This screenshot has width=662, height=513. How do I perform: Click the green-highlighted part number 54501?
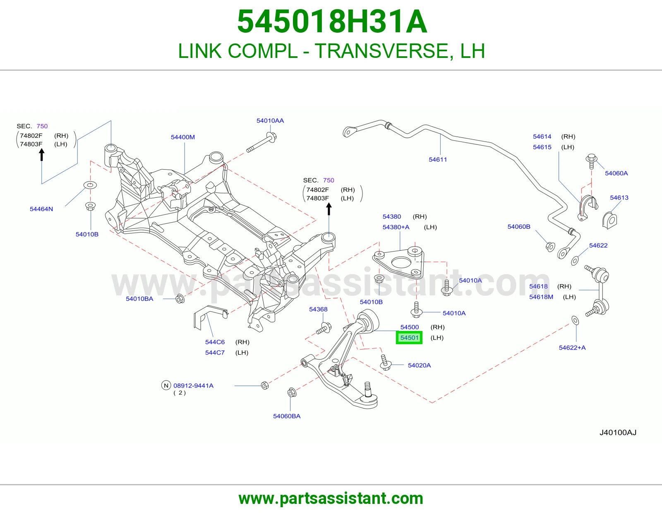coord(409,338)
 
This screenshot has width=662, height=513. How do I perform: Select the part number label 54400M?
coord(183,137)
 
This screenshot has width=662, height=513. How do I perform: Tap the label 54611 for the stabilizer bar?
coord(438,159)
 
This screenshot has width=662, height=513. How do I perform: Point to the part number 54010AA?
coord(270,121)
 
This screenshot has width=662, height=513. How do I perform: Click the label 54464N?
coord(41,209)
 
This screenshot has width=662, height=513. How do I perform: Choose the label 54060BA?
coord(287,416)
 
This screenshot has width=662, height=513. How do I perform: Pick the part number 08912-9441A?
coord(194,386)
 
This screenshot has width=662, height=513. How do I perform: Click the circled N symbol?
coord(166,385)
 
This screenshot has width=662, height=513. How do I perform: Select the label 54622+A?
coord(572,348)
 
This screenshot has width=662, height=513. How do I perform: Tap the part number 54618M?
coord(541,297)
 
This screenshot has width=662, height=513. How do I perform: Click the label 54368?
coord(318,309)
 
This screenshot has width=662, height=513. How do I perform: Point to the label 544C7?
coord(215,352)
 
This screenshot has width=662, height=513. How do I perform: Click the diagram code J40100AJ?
coord(618,433)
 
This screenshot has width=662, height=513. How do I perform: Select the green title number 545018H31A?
coord(332,22)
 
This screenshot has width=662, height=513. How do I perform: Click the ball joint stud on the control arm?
coord(368,389)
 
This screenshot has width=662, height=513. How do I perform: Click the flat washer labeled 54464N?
coord(90,185)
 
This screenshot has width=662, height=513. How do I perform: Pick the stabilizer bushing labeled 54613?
coord(609,220)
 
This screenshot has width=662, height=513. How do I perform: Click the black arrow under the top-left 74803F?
coord(42,154)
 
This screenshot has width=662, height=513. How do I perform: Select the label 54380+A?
coord(396,227)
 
